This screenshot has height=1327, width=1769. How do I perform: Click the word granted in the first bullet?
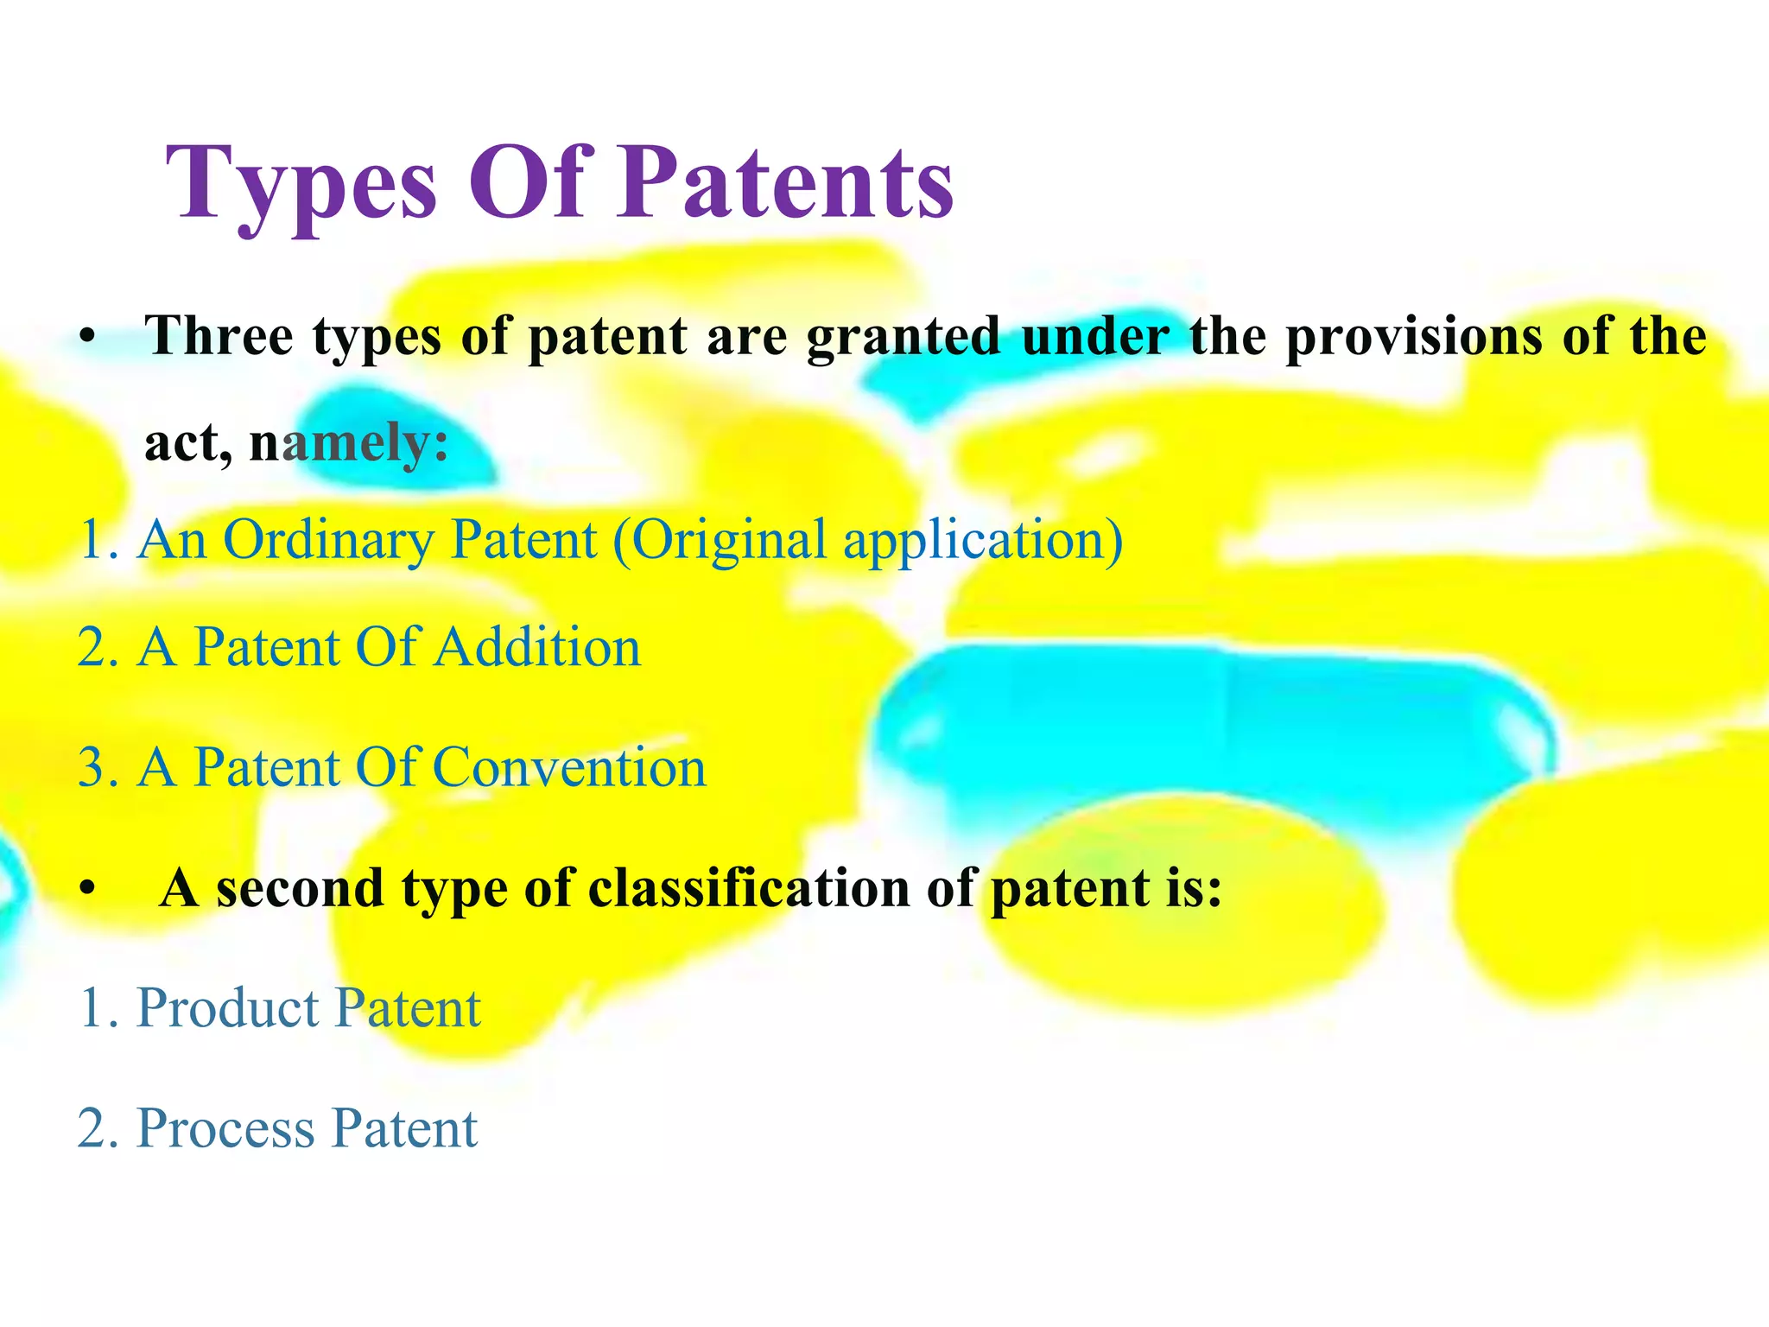pyautogui.click(x=904, y=337)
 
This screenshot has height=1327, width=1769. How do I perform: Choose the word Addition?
pyautogui.click(x=537, y=648)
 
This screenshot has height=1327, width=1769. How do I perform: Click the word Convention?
pyautogui.click(x=568, y=767)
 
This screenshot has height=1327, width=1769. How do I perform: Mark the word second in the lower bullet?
pyautogui.click(x=300, y=888)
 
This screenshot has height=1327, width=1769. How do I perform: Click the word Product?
pyautogui.click(x=228, y=1008)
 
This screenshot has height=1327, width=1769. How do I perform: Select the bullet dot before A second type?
pyautogui.click(x=86, y=889)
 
